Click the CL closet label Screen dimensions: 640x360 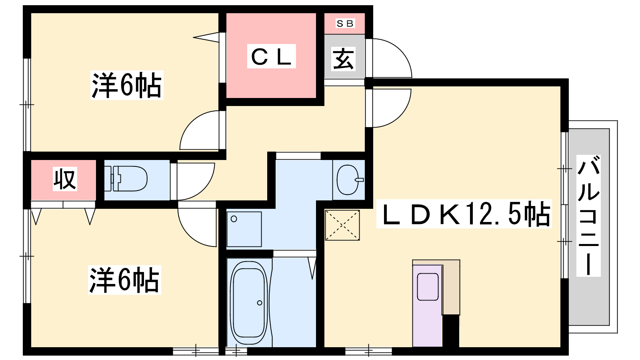point(271,56)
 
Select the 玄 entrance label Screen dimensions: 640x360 point(344,59)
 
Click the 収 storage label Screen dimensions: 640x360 point(65,179)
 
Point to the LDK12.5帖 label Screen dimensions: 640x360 point(464,214)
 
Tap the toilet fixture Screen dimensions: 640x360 point(126,179)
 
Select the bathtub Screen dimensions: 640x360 point(249,303)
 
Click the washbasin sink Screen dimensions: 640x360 point(348,180)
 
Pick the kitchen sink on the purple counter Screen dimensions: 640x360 point(428,287)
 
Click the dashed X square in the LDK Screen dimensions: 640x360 point(342,225)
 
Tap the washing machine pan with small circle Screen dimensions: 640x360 point(244,229)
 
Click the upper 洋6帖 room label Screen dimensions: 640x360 point(127,85)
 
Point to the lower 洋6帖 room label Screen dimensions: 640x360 point(124,280)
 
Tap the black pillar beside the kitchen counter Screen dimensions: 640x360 point(450,331)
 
